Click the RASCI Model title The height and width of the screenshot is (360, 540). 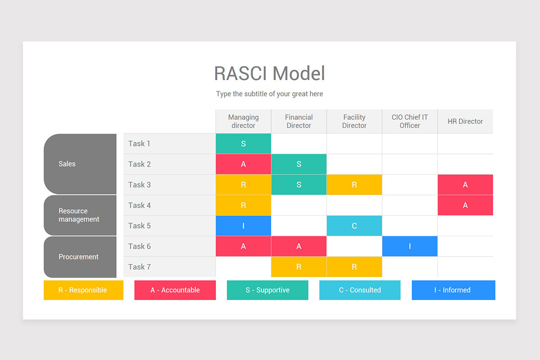point(269,73)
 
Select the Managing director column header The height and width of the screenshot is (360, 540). point(243,121)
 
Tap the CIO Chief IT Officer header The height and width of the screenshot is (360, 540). point(409,121)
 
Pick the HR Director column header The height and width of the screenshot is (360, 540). point(465,121)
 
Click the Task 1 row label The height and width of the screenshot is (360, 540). point(139,144)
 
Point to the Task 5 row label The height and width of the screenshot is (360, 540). point(139,226)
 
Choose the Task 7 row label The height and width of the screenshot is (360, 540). point(139,267)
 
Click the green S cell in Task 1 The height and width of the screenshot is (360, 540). point(243,144)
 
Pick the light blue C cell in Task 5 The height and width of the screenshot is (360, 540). point(354,226)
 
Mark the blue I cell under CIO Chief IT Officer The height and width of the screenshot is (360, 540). point(409,247)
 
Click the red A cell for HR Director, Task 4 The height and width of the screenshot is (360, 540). point(465,205)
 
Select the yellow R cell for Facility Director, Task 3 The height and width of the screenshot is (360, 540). point(354,185)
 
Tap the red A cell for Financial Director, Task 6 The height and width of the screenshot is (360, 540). point(299,247)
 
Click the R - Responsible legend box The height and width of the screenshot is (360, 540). point(83,290)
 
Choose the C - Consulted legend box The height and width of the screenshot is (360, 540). point(360,290)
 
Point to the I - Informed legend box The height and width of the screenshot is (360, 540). point(453,290)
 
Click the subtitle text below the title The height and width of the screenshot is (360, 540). point(269,94)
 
